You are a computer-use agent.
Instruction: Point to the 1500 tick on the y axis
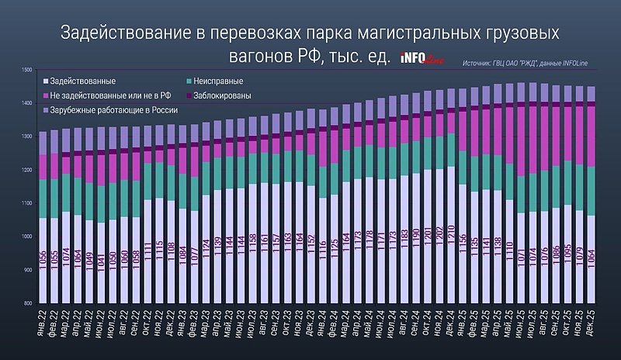pos(27,70)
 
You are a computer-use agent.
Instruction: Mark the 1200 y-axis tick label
pos(27,170)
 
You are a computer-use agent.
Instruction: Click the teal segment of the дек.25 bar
pos(592,190)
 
